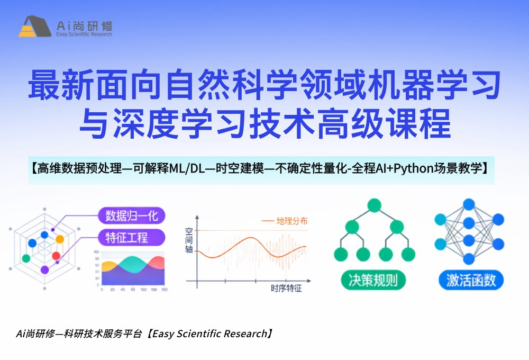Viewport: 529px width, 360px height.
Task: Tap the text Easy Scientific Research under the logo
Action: [x=84, y=34]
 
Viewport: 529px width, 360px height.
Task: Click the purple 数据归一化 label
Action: [x=132, y=215]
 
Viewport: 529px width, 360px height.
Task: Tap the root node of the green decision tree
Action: [x=375, y=205]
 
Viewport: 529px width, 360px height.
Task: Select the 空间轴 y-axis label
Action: [x=189, y=241]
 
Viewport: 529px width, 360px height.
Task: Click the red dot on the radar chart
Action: [x=56, y=256]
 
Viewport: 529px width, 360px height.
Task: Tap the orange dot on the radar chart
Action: [x=60, y=239]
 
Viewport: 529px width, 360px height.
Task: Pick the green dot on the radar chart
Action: [x=26, y=258]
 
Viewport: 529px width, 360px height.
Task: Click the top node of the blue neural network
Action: [x=469, y=204]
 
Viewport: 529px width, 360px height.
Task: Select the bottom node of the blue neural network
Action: [x=469, y=258]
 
